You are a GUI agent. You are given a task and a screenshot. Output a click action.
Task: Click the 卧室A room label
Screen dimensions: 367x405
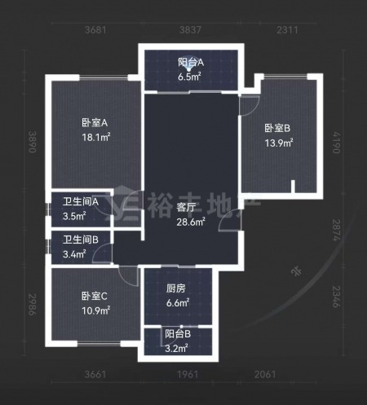[x=95, y=123]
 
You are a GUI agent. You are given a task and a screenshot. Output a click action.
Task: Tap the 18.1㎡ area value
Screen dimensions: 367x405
[x=96, y=137]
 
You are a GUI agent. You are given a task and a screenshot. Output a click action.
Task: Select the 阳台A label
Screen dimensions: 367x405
[x=191, y=63]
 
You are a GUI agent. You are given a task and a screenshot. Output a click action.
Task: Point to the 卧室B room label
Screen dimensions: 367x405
[x=277, y=128]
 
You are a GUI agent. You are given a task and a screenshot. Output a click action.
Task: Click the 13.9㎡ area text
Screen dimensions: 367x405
[x=279, y=143]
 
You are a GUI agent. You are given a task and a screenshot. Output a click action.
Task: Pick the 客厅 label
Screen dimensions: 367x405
[x=186, y=208]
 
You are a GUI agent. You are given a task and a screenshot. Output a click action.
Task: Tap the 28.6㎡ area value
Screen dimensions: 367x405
[x=191, y=222]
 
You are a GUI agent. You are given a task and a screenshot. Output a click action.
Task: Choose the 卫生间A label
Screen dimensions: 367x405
[x=81, y=202]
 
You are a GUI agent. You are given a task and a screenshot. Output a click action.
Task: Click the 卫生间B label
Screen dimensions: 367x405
[x=81, y=240]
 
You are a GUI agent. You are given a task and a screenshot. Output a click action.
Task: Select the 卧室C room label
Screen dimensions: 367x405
[x=95, y=296]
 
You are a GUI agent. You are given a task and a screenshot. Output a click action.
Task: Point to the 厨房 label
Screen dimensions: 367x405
[x=176, y=288]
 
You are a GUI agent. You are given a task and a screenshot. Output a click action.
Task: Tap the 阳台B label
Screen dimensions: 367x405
[x=178, y=334]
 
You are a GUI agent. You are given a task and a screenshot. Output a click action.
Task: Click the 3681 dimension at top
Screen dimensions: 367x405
[x=95, y=29]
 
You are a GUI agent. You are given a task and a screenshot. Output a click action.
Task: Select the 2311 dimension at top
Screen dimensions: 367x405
[x=287, y=29]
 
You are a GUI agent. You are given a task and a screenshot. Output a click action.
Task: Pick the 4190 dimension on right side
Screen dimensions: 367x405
[x=337, y=143]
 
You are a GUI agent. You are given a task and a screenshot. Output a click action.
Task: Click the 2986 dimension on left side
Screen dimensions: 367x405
[x=33, y=304]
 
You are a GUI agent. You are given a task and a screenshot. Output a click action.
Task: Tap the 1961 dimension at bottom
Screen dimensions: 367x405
[x=188, y=375]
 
